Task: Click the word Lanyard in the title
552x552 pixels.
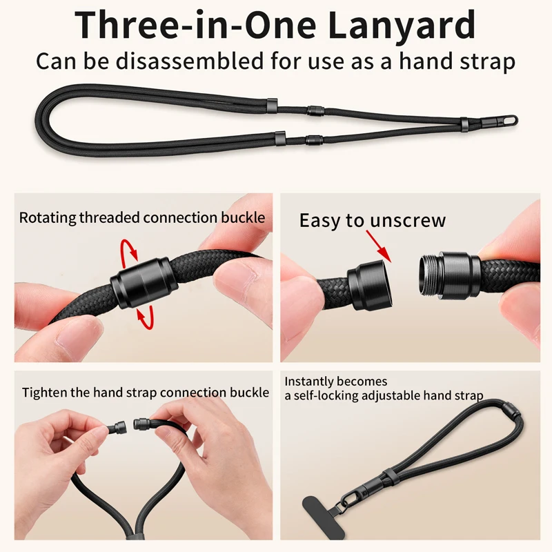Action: [x=402, y=26]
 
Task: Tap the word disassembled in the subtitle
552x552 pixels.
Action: [x=190, y=61]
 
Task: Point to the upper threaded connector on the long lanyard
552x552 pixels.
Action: [x=315, y=111]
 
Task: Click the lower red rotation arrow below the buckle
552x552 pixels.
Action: [x=146, y=317]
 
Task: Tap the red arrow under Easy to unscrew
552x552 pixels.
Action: [x=379, y=246]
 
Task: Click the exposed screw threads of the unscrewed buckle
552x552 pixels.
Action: [x=427, y=274]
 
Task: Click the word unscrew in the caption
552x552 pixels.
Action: [x=408, y=221]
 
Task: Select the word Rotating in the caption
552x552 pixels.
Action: [x=48, y=218]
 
